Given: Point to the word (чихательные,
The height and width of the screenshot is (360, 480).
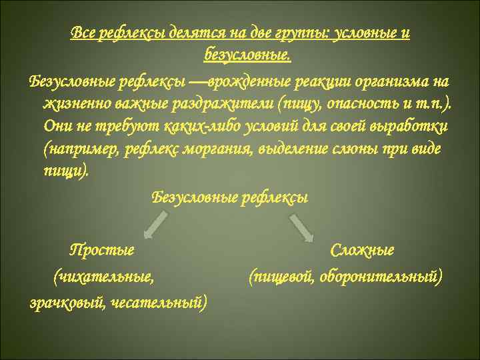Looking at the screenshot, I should click(x=103, y=275).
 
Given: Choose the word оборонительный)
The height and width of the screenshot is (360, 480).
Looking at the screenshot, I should click(x=380, y=275).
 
